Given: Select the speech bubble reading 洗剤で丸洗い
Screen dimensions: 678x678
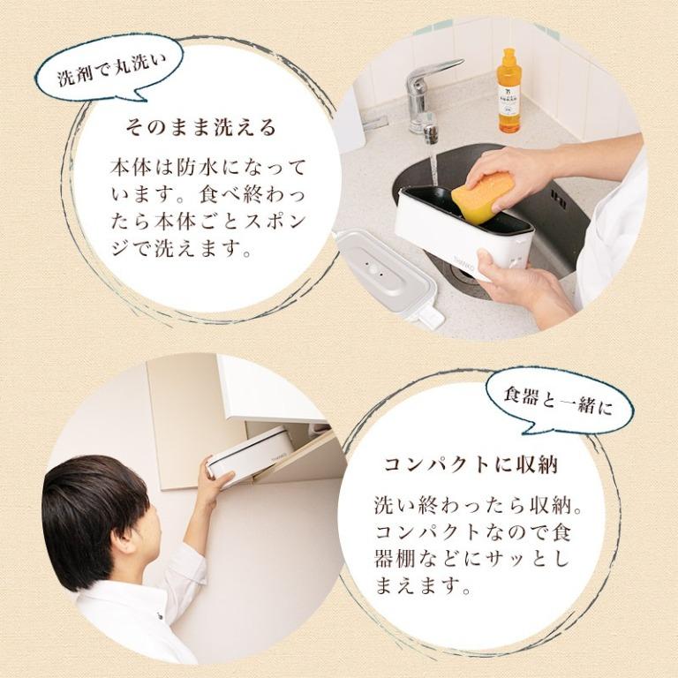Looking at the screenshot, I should (x=112, y=76).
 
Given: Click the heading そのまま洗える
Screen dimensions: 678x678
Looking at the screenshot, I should (x=201, y=127).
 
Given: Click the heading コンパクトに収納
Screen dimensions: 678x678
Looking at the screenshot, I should (x=471, y=463).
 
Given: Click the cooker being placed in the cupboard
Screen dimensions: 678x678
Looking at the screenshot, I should (x=250, y=453).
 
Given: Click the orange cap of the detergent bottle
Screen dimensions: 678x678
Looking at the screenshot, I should (x=508, y=57).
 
